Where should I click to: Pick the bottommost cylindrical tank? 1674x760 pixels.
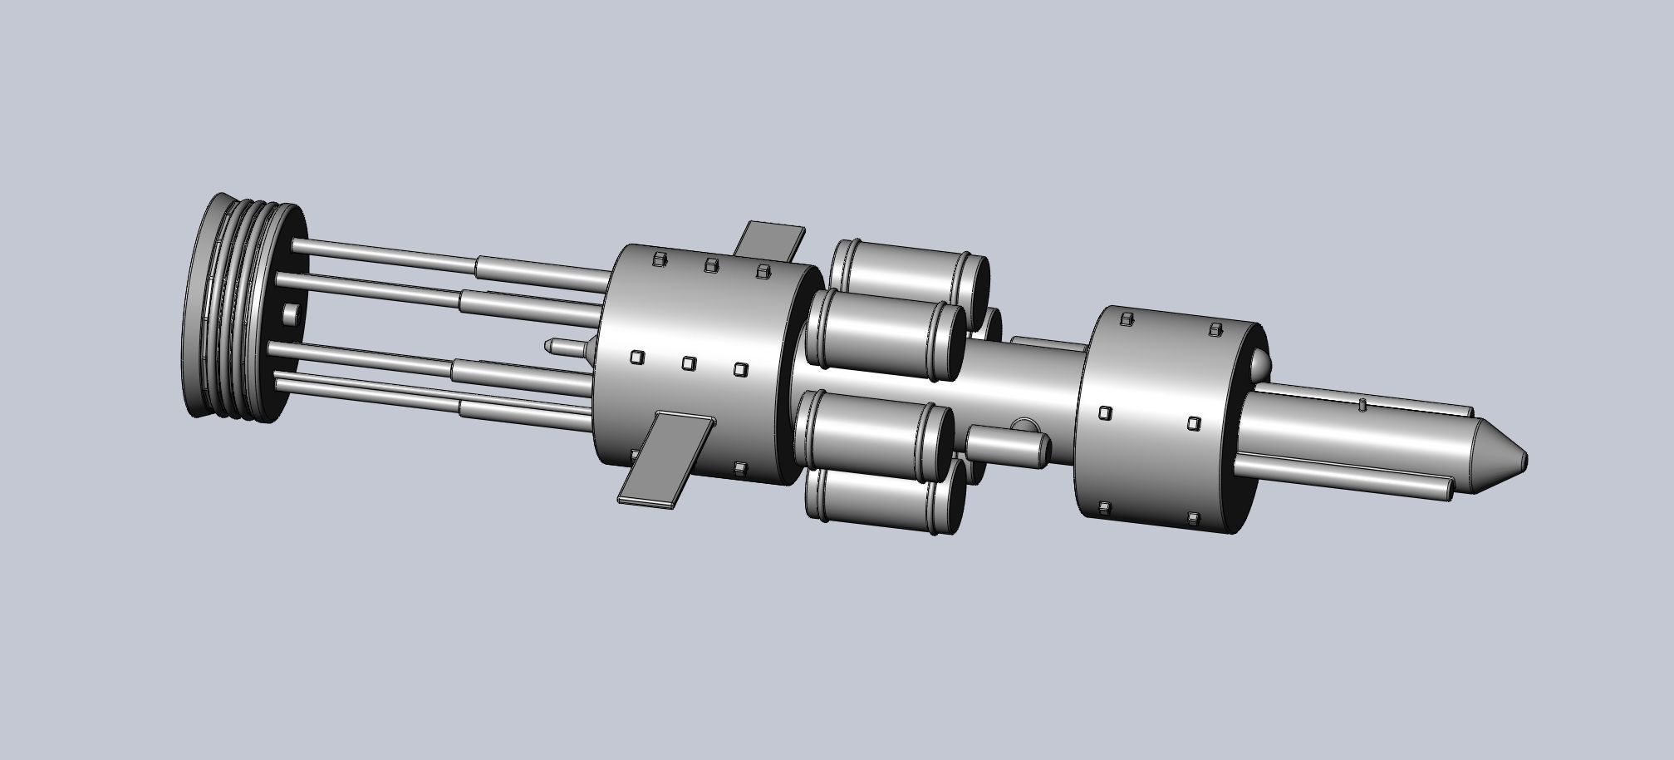click(881, 499)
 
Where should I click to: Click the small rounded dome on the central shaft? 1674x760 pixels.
click(1027, 425)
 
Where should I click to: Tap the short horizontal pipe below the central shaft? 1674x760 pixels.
click(1005, 447)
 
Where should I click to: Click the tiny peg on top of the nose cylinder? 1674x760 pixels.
click(1362, 405)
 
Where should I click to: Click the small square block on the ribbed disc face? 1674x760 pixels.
click(289, 315)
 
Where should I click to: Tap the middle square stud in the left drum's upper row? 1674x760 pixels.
click(710, 265)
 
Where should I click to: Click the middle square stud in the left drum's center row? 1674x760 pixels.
click(688, 363)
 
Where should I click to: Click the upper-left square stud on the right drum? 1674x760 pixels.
click(1127, 318)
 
